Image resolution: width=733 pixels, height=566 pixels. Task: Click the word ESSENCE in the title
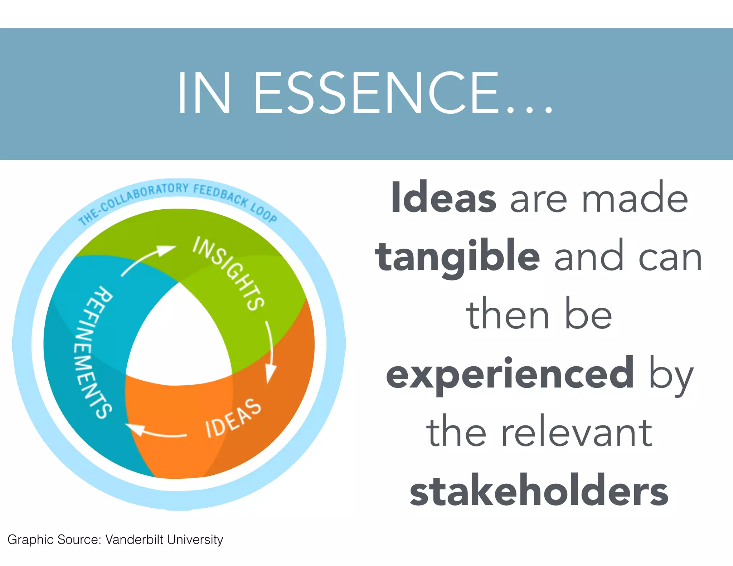tap(376, 93)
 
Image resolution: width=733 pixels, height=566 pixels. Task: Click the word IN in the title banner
tap(204, 93)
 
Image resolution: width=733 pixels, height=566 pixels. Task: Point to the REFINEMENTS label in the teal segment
tap(94, 352)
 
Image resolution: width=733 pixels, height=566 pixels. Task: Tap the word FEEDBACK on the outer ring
tap(220, 194)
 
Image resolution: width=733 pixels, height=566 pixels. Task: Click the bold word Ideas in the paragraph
tap(443, 197)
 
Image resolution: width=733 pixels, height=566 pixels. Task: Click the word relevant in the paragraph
tap(577, 432)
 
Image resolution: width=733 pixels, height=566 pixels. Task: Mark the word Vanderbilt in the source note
tap(134, 540)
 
